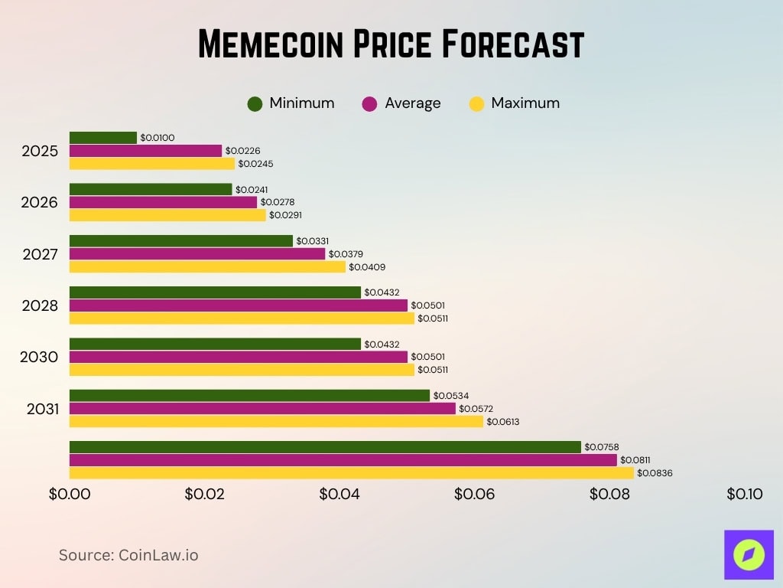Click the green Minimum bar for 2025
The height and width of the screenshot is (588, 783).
pos(103,138)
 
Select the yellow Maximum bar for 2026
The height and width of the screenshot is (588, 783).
pos(167,215)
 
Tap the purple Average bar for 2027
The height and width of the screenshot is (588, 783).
pos(197,253)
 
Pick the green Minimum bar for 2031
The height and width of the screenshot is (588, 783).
pos(249,395)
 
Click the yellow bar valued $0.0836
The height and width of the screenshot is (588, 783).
pos(351,473)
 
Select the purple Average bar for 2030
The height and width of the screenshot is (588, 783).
pos(239,357)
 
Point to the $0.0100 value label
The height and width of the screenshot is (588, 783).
pos(158,138)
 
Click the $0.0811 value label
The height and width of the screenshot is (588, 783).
pos(635,460)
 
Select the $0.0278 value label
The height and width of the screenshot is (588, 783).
pos(278,202)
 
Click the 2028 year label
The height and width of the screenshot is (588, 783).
pos(40,305)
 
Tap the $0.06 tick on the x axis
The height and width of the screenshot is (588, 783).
pos(475,495)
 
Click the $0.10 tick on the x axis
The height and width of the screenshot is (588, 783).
pos(745,495)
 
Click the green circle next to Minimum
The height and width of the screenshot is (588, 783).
pos(255,103)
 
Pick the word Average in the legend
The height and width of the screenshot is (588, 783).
pos(412,103)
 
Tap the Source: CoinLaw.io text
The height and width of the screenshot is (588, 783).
pos(128,555)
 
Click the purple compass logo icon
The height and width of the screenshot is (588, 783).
pos(749,554)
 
